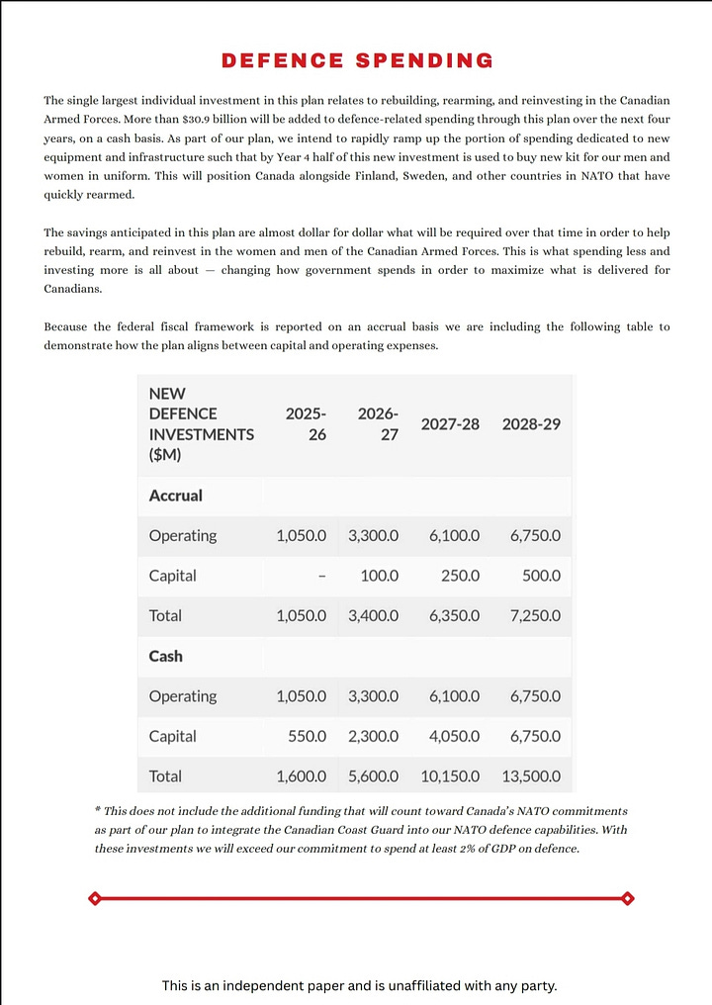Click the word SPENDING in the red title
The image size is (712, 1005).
pyautogui.click(x=422, y=61)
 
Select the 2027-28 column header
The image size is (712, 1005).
pyautogui.click(x=450, y=423)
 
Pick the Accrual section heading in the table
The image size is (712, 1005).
pyautogui.click(x=175, y=496)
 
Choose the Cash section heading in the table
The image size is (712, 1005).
pyautogui.click(x=165, y=656)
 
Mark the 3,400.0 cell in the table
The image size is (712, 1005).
pyautogui.click(x=373, y=615)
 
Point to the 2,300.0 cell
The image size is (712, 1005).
pyautogui.click(x=373, y=736)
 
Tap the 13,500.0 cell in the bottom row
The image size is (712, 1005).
pyautogui.click(x=531, y=777)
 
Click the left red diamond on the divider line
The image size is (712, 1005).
pyautogui.click(x=94, y=898)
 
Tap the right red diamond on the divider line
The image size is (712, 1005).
pyautogui.click(x=627, y=898)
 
